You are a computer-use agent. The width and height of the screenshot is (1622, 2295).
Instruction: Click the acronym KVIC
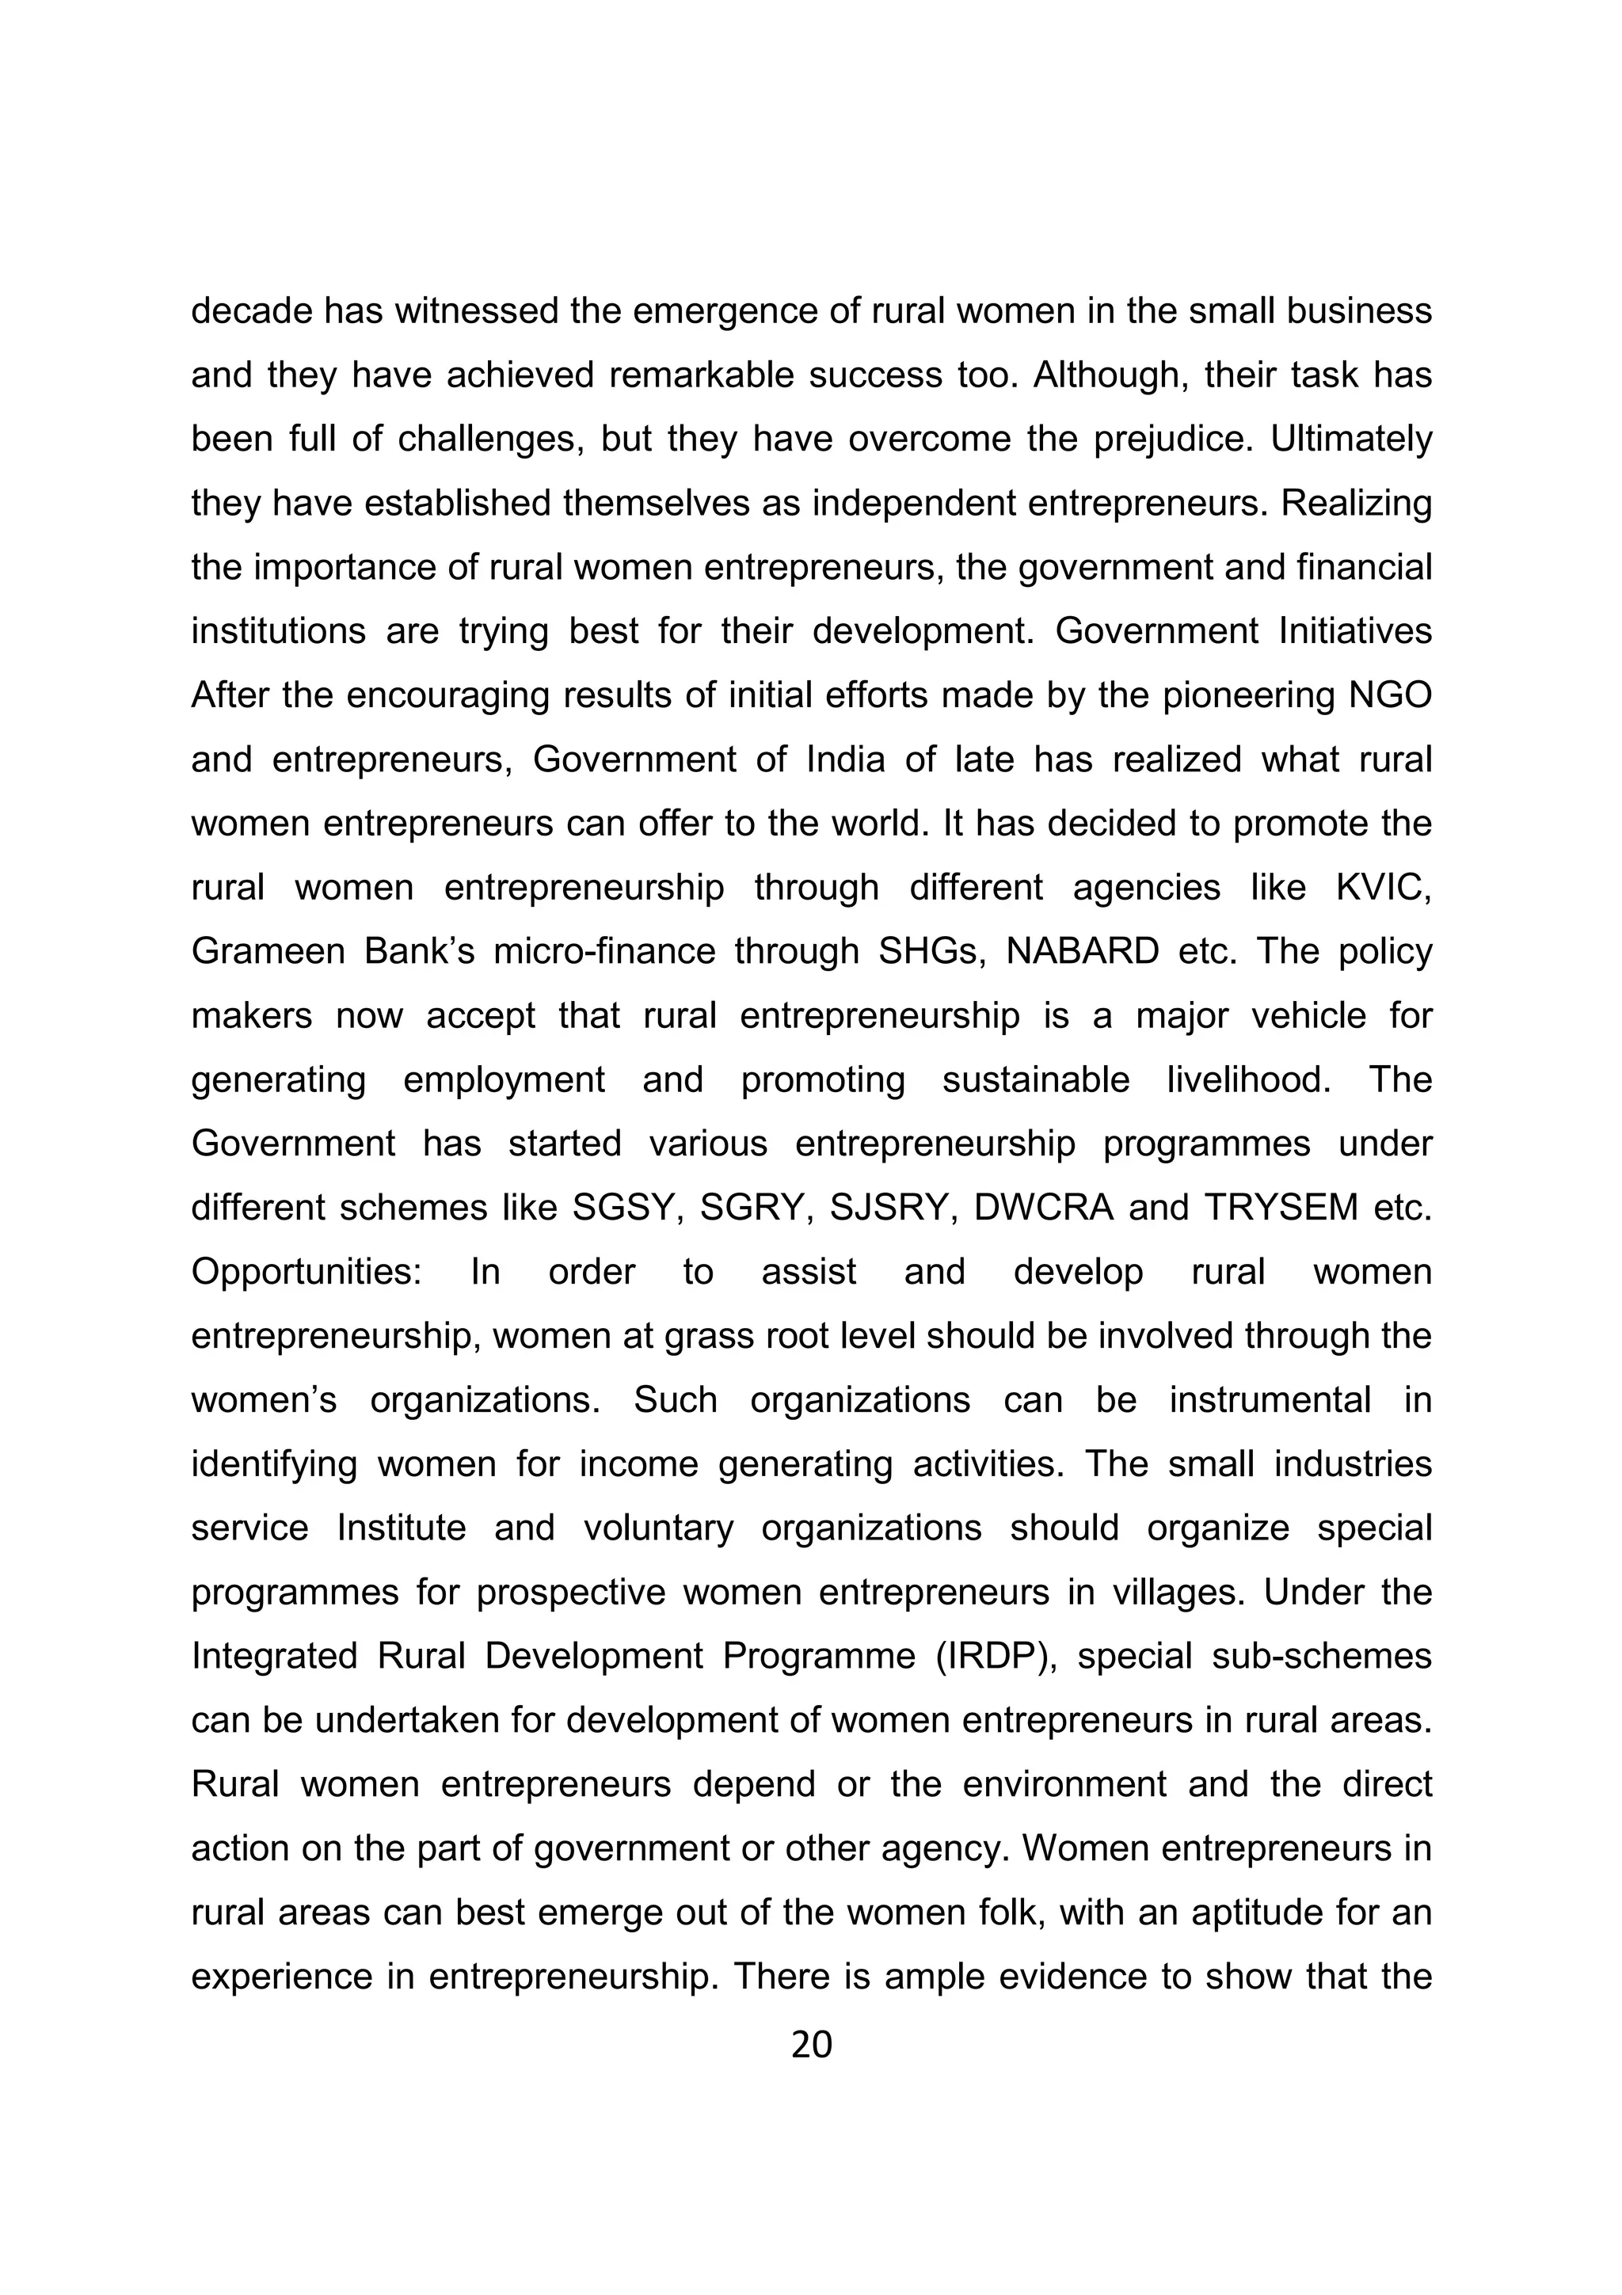pos(1382,888)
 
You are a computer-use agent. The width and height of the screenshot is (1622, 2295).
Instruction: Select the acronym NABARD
pos(1083,952)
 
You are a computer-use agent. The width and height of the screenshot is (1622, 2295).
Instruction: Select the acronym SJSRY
pos(888,1208)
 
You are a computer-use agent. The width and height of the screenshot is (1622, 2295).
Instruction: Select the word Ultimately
pos(1351,440)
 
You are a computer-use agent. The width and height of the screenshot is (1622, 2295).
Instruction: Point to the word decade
pos(251,312)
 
